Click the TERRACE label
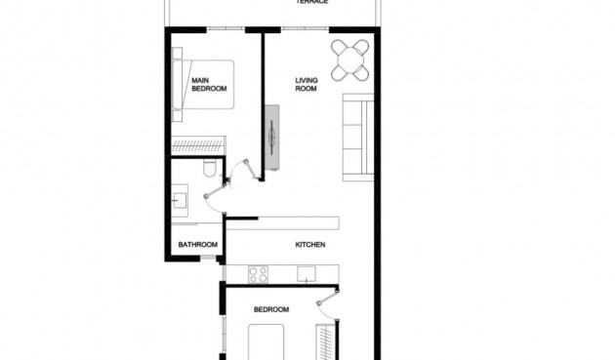[x=312, y=3]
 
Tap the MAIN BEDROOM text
[x=209, y=85]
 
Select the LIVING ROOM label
[x=307, y=85]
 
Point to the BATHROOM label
[x=196, y=244]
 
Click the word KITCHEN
[x=310, y=244]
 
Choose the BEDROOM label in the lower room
[x=271, y=310]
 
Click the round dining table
[x=350, y=60]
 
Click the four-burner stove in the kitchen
[x=258, y=274]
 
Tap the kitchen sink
[x=308, y=275]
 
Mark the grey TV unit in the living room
[x=272, y=136]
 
